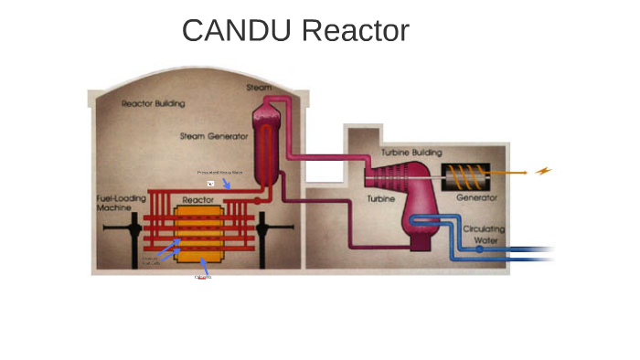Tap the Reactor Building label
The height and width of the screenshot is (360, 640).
pos(153,104)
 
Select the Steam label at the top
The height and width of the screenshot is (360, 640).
pos(259,88)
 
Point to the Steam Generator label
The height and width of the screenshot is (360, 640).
pos(214,137)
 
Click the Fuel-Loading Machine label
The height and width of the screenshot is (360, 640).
pos(119,204)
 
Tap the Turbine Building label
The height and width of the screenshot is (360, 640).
pos(408,152)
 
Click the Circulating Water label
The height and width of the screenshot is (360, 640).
pos(484,236)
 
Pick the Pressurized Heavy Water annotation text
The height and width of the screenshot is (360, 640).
pos(219,172)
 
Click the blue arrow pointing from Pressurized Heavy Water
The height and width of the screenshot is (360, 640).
pos(226,185)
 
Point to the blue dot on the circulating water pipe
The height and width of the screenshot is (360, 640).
pos(478,249)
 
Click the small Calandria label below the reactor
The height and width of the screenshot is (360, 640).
pos(203,278)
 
